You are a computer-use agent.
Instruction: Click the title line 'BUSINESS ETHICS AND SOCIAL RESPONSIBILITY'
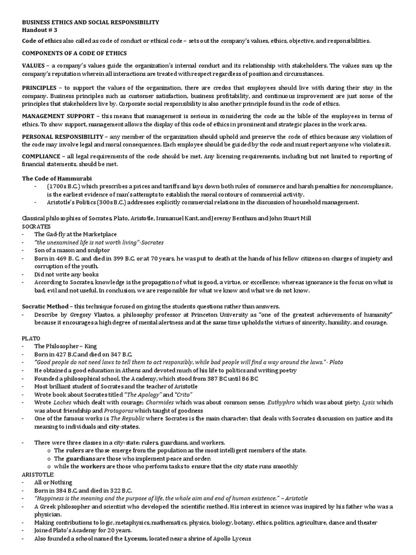(x=90, y=22)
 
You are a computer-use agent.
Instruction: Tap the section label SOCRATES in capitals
(x=36, y=225)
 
